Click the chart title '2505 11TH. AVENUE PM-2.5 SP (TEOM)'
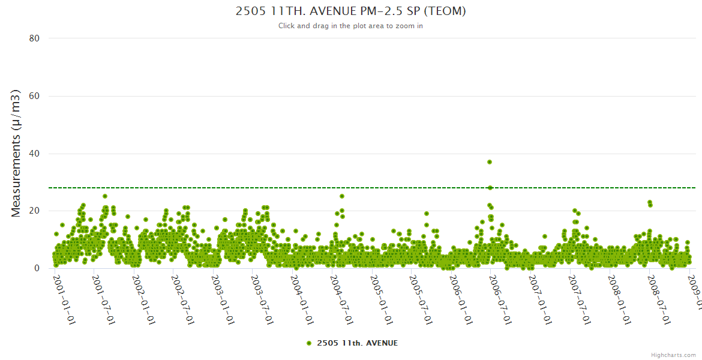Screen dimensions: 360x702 [350, 11]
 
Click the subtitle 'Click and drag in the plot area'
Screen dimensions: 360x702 [350, 26]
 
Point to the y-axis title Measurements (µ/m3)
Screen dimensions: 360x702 [16, 153]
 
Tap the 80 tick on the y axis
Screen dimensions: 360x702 [34, 38]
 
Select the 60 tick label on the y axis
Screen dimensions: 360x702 [34, 96]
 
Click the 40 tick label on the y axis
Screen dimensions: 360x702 [34, 154]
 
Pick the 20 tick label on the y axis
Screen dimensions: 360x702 [34, 211]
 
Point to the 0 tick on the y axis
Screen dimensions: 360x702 [37, 269]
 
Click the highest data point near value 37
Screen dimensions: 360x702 [490, 162]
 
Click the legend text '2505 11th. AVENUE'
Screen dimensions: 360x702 [357, 343]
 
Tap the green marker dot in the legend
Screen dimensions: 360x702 [309, 343]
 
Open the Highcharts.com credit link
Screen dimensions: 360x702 [673, 355]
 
